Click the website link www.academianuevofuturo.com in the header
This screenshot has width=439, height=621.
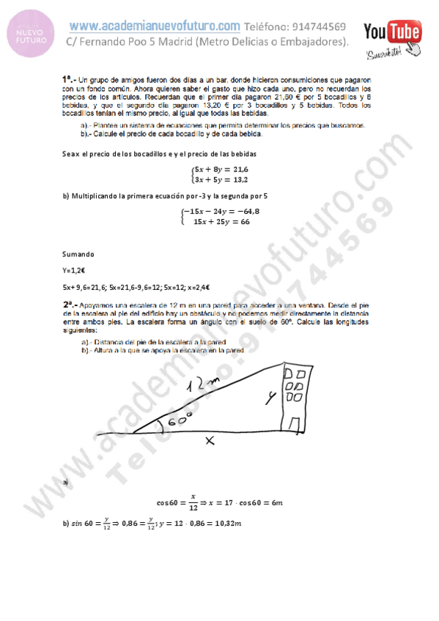coord(155,26)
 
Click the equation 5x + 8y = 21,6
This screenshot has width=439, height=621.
coord(221,168)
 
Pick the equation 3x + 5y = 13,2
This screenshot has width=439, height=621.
coord(221,179)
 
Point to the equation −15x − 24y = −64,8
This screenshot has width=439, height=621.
coord(222,212)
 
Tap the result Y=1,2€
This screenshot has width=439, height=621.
coord(74,270)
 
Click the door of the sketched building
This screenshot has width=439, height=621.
coord(293,425)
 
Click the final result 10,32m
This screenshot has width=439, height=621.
coord(224,523)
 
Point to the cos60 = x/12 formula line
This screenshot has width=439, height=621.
coord(220,504)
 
